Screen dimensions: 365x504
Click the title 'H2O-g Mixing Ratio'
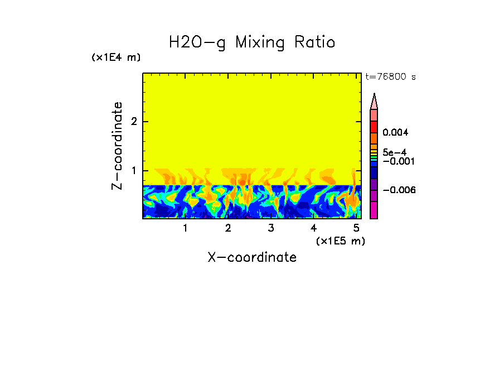click(252, 42)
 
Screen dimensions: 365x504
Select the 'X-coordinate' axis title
click(252, 257)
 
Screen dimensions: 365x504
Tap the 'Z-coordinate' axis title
click(117, 146)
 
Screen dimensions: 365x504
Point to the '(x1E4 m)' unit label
click(116, 57)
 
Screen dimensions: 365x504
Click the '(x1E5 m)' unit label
click(340, 241)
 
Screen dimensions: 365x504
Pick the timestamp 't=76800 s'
click(390, 77)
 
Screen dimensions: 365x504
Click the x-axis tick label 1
click(185, 228)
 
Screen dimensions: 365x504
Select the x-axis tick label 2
click(228, 228)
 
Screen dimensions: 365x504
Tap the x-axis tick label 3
click(271, 228)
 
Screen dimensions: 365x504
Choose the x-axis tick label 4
click(313, 228)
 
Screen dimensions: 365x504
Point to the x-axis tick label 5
click(356, 228)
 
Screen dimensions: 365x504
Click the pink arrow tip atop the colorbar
click(374, 101)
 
